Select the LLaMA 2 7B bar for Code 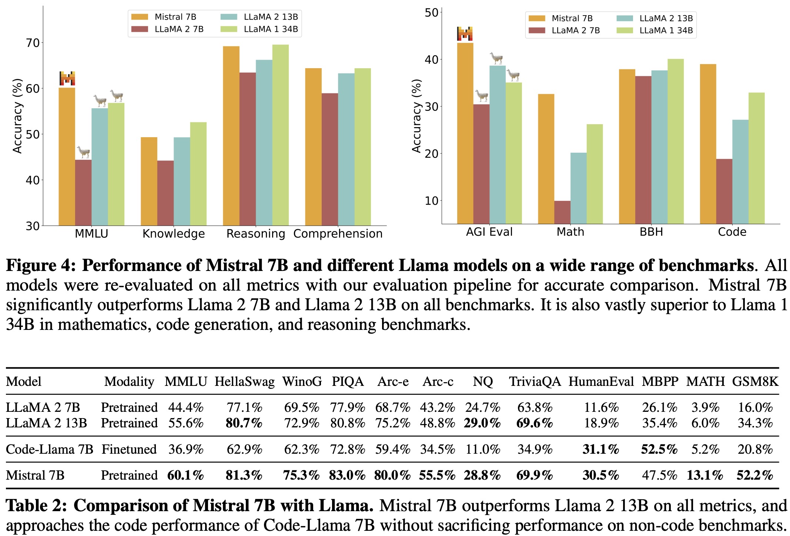(x=724, y=191)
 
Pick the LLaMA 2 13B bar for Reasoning (x=264, y=143)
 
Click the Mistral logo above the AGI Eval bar (x=465, y=34)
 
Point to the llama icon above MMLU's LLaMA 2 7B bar (x=83, y=152)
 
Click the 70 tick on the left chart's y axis (x=33, y=43)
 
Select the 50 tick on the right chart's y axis (x=432, y=13)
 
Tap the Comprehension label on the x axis (x=338, y=234)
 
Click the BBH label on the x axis (x=651, y=232)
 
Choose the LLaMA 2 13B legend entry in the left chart (x=259, y=17)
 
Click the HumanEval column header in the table (x=601, y=381)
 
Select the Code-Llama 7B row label (x=49, y=449)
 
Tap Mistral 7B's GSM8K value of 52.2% (x=754, y=475)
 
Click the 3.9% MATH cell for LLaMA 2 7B (x=705, y=407)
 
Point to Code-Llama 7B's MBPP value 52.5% (x=659, y=449)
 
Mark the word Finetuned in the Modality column (x=129, y=449)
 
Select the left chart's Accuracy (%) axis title (x=17, y=116)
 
